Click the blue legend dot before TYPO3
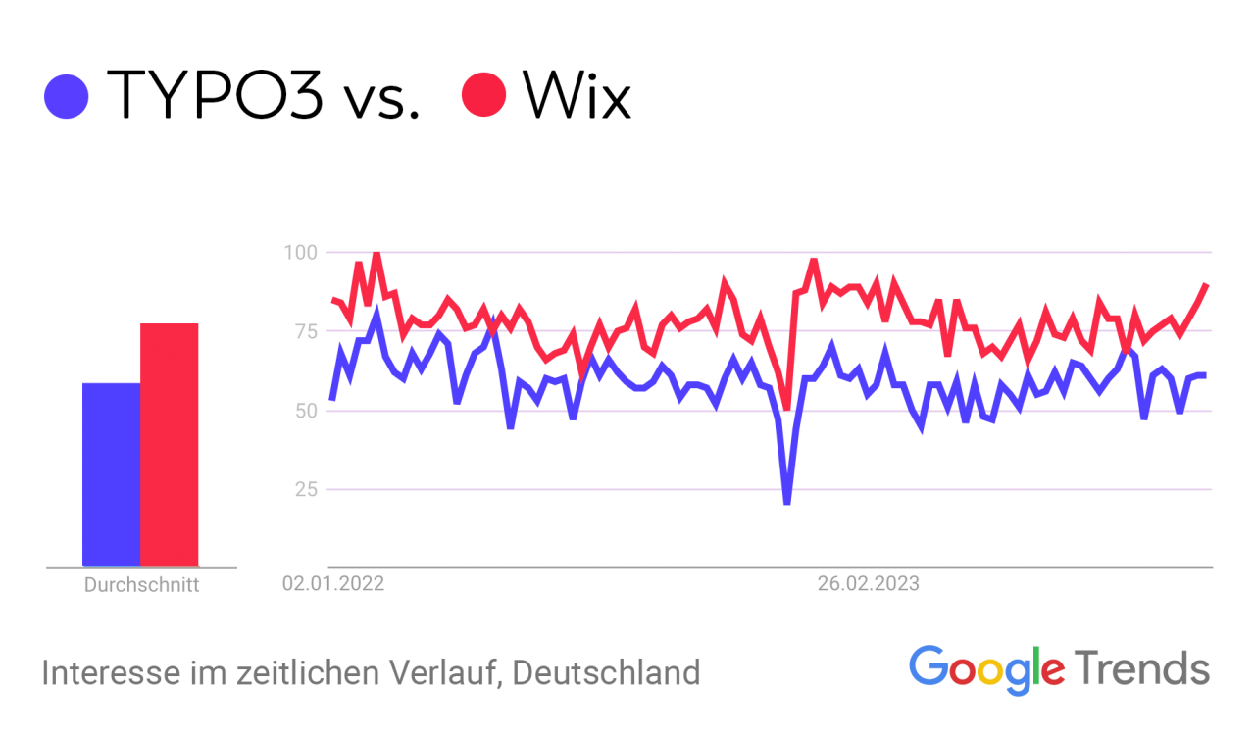tap(67, 96)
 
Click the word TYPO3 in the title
tap(214, 95)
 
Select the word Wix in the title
tap(577, 95)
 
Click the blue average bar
tap(111, 474)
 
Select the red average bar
tap(169, 445)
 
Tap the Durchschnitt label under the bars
tap(141, 586)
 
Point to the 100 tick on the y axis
tap(300, 253)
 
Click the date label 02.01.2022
tap(333, 584)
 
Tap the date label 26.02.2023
tap(869, 584)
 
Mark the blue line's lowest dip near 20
tap(786, 502)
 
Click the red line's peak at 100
tap(376, 255)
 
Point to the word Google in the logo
tap(986, 667)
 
